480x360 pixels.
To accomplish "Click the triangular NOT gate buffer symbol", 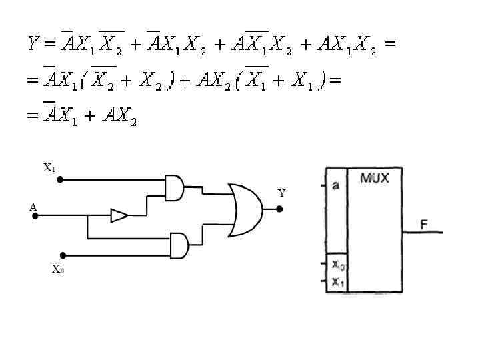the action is [x=119, y=215].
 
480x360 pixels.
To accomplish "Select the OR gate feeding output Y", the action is [x=245, y=210].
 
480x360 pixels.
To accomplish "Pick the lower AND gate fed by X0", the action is [x=179, y=245].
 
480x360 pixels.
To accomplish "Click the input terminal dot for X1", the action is [x=60, y=179].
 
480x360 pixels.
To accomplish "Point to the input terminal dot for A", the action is [x=35, y=215].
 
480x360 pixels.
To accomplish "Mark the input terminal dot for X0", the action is [x=63, y=255].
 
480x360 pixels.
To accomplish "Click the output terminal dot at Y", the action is [x=279, y=209].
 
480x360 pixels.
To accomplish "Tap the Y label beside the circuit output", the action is [x=281, y=194].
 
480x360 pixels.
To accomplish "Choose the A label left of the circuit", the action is [x=33, y=207].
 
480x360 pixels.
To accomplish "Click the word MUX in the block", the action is [x=375, y=179].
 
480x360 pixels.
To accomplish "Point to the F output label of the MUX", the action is [x=423, y=224].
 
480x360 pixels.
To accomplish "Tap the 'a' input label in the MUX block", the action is [x=335, y=185].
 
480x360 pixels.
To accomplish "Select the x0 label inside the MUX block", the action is [x=338, y=265].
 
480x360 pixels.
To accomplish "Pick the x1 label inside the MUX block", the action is [x=338, y=281].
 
